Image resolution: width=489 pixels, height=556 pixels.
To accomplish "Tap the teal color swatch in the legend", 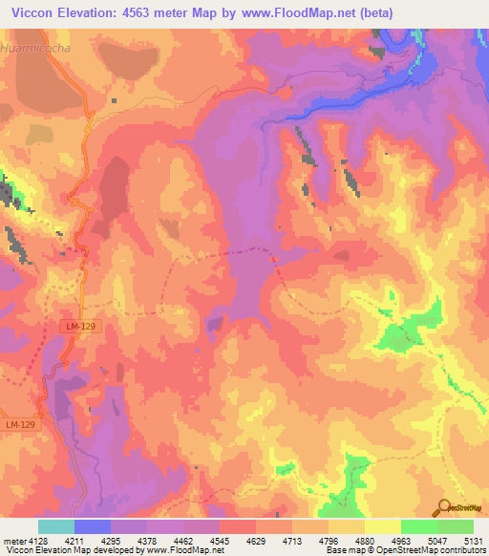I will click(56, 526).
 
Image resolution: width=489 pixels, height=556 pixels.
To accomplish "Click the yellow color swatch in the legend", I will click(383, 526).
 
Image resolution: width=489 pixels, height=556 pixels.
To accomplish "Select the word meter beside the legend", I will click(11, 542).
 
